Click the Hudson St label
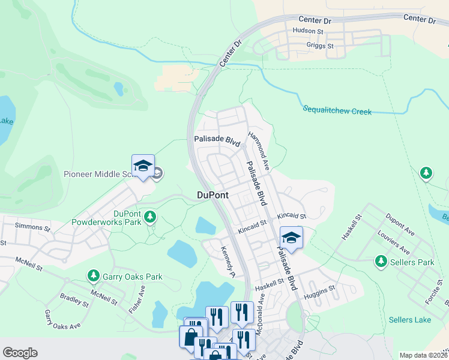click(x=308, y=31)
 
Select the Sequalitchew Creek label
click(x=337, y=110)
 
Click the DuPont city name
click(x=212, y=195)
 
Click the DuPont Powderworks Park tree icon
click(x=150, y=215)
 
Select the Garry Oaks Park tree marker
click(x=93, y=275)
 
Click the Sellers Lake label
click(x=409, y=320)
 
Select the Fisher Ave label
click(x=137, y=299)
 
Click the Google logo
click(x=20, y=353)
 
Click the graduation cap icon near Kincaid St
click(x=291, y=238)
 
